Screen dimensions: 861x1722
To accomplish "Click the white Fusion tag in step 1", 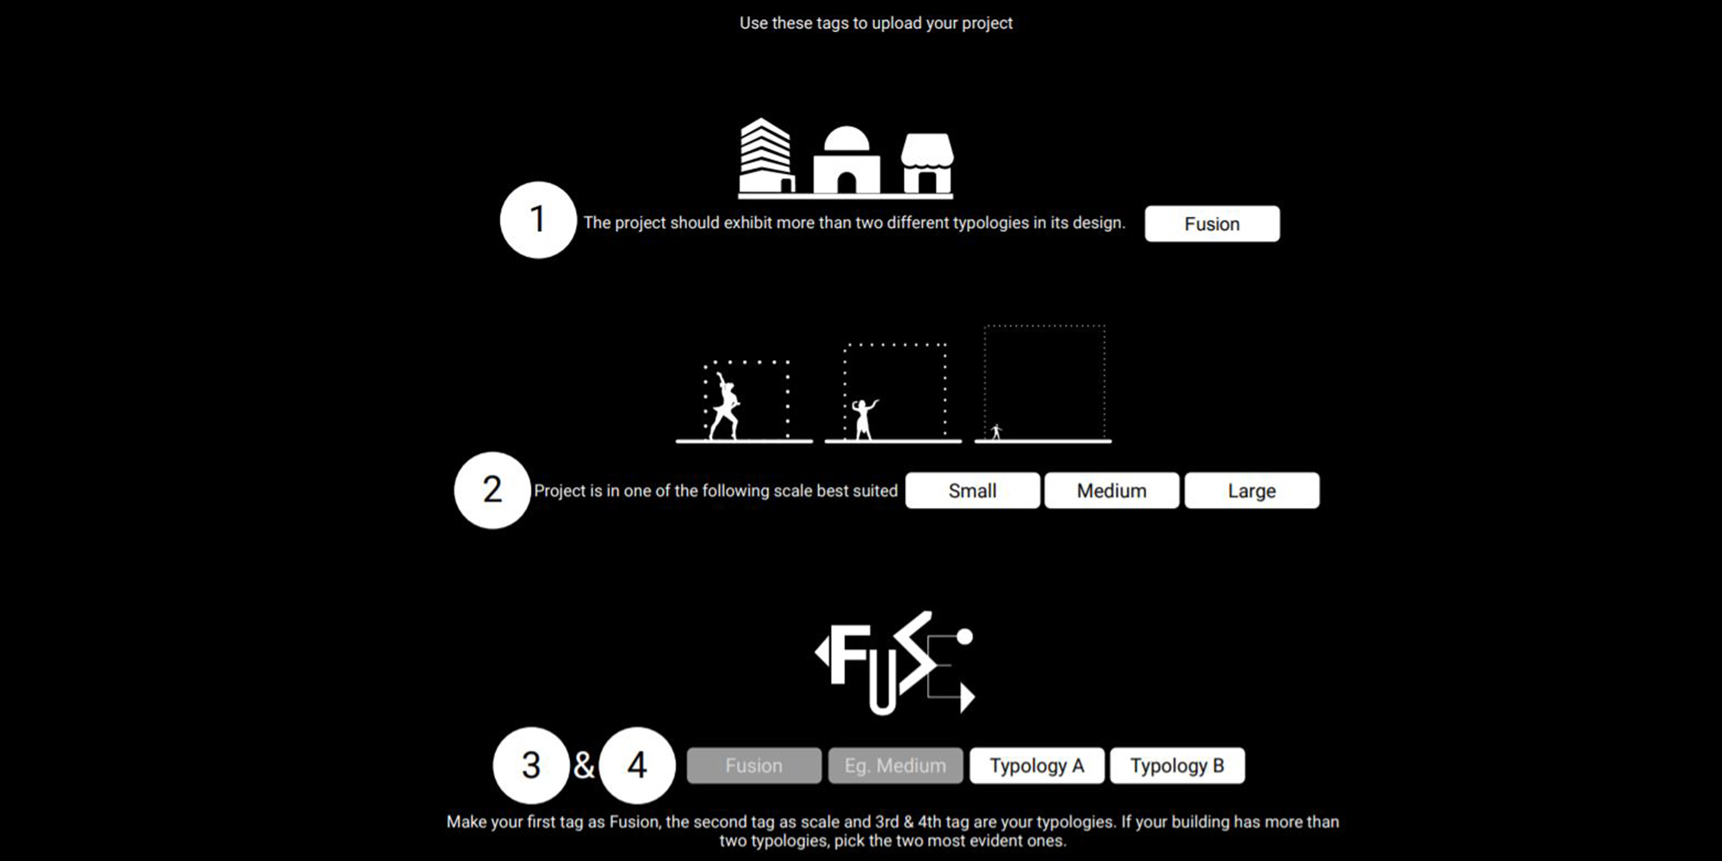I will click(x=1211, y=224).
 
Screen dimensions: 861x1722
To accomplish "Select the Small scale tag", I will click(x=972, y=491).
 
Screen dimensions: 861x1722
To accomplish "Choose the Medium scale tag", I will click(x=1112, y=491).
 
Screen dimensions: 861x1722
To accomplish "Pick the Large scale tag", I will click(x=1251, y=491).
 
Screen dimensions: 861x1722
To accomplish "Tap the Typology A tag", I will click(x=1037, y=765).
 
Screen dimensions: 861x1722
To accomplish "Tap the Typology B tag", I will click(x=1177, y=765).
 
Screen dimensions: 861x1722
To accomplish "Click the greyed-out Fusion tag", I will click(x=753, y=765).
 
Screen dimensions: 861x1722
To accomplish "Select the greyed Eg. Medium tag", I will click(x=895, y=765).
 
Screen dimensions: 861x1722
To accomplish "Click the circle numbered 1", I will click(x=537, y=220).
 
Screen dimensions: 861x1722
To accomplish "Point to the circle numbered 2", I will click(x=492, y=490).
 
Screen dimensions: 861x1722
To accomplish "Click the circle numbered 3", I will click(x=531, y=765).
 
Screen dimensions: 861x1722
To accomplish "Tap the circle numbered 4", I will click(x=637, y=765).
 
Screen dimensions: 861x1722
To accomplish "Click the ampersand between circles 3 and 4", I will click(x=584, y=765).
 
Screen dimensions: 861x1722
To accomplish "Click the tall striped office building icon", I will click(x=765, y=157).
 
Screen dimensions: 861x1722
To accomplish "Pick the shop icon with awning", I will click(x=926, y=164).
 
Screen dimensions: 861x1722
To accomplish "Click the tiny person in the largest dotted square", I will click(x=996, y=431).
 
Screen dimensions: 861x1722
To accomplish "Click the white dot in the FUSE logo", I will click(x=964, y=636).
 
